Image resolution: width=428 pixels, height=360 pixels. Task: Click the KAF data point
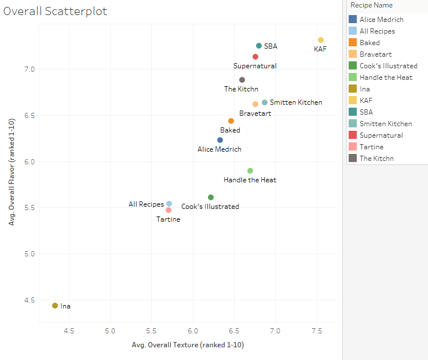click(x=321, y=40)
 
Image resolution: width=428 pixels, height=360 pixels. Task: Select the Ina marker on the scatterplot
click(x=55, y=306)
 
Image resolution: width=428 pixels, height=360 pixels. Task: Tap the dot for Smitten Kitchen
click(x=265, y=102)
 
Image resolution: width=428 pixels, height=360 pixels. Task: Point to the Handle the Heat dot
click(x=250, y=171)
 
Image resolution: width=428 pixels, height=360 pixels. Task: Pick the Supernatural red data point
click(x=255, y=57)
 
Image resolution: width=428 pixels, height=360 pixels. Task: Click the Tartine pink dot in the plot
click(x=169, y=210)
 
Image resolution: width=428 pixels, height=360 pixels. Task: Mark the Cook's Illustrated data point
click(x=211, y=197)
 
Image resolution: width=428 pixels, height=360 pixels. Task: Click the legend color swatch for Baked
click(x=353, y=42)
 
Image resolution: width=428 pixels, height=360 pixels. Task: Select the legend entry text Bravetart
click(x=375, y=54)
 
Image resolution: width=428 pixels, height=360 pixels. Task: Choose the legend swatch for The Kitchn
click(x=353, y=158)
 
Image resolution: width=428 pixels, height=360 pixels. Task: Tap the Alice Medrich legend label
click(x=381, y=19)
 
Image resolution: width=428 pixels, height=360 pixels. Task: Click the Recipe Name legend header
click(x=371, y=5)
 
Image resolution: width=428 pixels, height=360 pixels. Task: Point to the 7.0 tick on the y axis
click(x=28, y=69)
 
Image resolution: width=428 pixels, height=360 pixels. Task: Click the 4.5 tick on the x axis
click(x=69, y=331)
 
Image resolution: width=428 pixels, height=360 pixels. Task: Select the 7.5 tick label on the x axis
click(x=316, y=331)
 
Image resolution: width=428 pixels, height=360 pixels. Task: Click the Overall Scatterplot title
click(x=55, y=12)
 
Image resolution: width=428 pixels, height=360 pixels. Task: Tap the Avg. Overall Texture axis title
click(x=188, y=345)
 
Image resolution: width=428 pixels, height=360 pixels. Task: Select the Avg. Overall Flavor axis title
click(x=12, y=174)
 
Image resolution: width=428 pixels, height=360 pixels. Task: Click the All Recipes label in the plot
click(x=146, y=204)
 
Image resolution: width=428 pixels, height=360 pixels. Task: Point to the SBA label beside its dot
click(x=270, y=46)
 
